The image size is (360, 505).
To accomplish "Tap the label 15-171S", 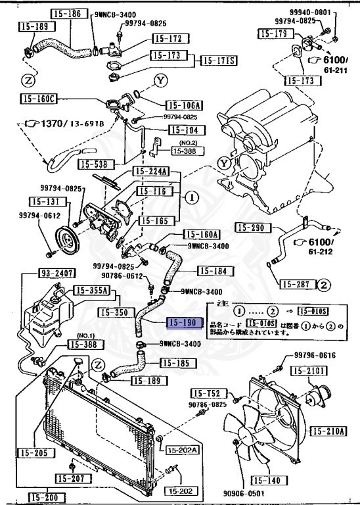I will tap(218, 60).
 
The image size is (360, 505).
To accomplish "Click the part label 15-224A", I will tap(151, 172).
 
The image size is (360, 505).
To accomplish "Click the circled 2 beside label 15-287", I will tap(323, 285).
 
